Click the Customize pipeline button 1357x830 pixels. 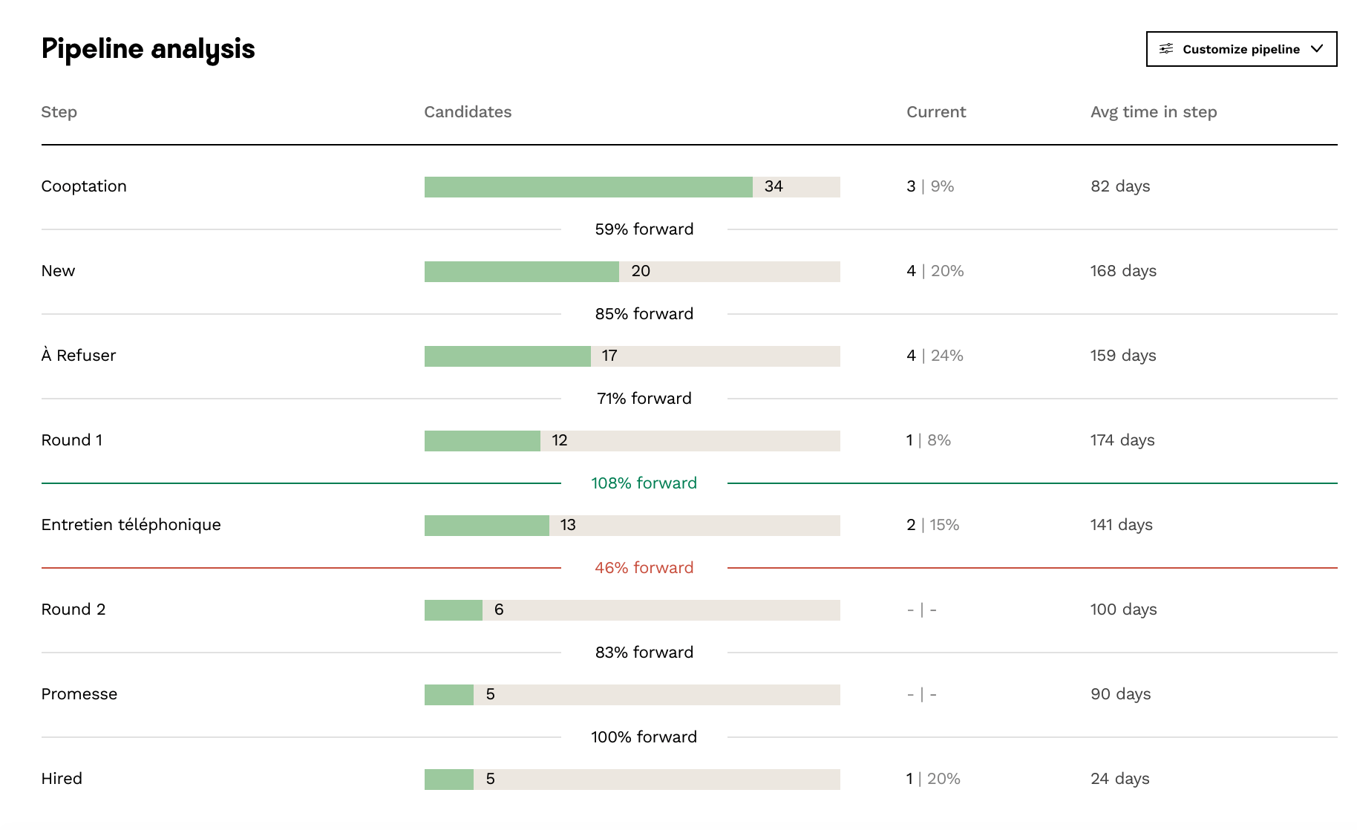[1241, 49]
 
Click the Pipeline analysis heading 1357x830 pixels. [148, 49]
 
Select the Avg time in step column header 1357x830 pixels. [1153, 112]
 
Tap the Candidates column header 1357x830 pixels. [468, 112]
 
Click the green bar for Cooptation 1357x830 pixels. [588, 187]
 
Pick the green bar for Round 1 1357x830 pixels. [482, 441]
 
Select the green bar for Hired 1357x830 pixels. [448, 780]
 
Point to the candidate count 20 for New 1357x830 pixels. [640, 271]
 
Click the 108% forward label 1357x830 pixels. [644, 483]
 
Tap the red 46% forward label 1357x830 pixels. [644, 568]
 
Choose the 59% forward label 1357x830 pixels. [644, 229]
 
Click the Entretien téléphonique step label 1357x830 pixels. [131, 525]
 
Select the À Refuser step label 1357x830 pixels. [79, 356]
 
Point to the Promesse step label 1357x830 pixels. [79, 694]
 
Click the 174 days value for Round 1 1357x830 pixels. [1122, 440]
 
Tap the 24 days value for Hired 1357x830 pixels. [1119, 779]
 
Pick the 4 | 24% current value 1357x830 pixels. [935, 356]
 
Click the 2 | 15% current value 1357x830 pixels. [932, 525]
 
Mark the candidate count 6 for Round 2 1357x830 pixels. [499, 610]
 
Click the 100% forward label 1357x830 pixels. [644, 737]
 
